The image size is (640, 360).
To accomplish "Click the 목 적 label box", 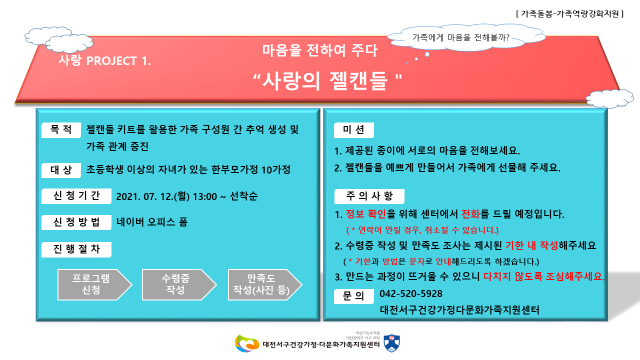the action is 61,130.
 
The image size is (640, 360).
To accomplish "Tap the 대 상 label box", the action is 61,170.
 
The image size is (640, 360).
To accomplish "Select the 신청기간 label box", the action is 76,196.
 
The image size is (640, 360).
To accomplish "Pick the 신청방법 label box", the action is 76,222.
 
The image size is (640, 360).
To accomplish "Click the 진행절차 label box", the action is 76,249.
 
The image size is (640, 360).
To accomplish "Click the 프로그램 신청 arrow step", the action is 94,284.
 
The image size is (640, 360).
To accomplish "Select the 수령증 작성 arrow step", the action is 179,284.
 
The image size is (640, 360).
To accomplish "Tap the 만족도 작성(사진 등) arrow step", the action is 264,284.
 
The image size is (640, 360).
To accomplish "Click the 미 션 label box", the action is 353,130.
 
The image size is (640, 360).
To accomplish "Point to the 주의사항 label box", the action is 369,196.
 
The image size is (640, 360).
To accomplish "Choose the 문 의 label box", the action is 353,296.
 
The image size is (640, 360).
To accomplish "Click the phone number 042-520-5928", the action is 411,293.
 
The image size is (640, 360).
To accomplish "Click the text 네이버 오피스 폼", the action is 152,222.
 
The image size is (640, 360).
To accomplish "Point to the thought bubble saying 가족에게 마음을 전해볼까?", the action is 466,37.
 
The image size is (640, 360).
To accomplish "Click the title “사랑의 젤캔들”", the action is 327,81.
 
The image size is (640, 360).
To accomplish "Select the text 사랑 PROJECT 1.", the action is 104,60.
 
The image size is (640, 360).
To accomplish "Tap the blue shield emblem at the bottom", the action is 391,343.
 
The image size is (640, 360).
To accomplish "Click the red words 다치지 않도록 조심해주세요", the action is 544,276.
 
